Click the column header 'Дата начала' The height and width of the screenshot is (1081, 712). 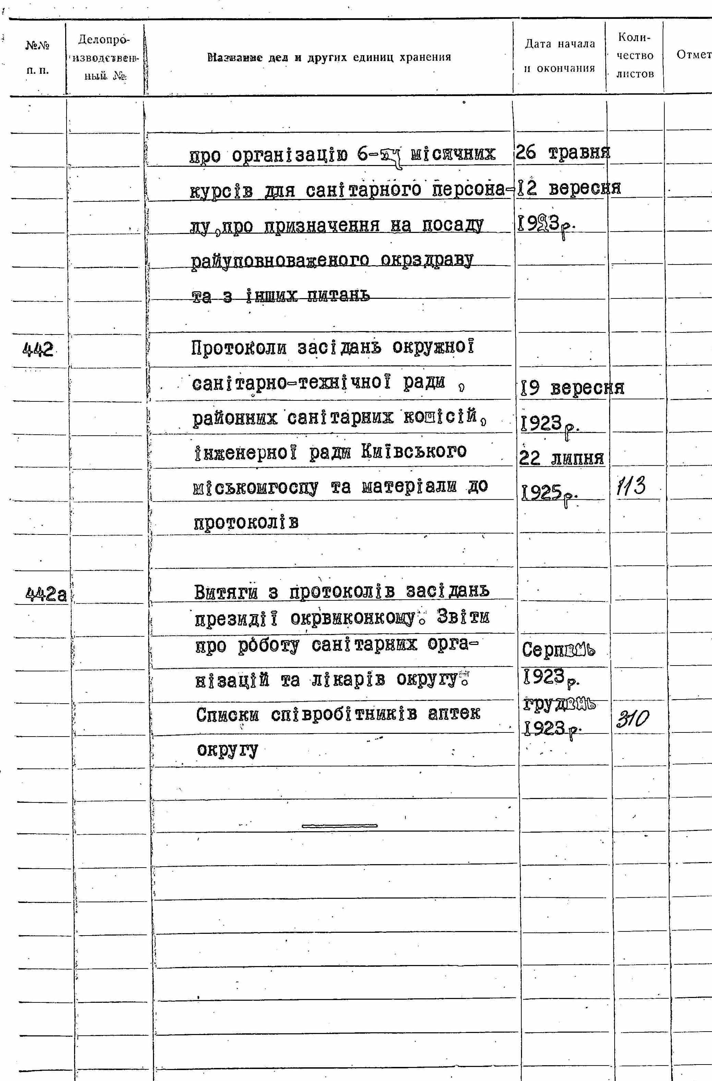(559, 44)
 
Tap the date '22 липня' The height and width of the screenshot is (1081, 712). (561, 458)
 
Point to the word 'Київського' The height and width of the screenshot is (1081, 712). (414, 452)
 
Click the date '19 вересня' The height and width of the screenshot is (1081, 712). (572, 388)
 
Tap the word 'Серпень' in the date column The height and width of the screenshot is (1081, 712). (558, 650)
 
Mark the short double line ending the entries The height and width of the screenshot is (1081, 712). (339, 826)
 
